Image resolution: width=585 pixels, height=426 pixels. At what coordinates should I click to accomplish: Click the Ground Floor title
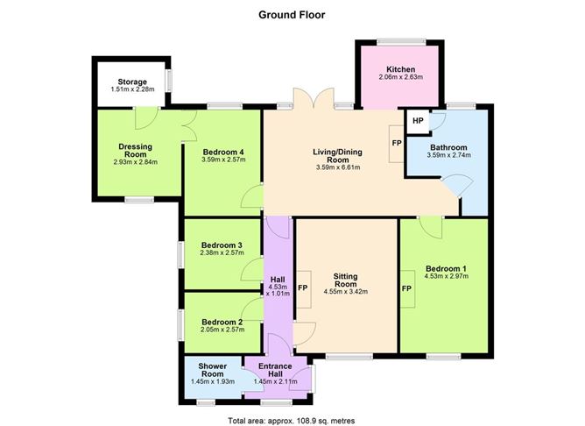pyautogui.click(x=292, y=15)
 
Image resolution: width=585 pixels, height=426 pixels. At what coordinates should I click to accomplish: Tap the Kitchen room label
pyautogui.click(x=401, y=69)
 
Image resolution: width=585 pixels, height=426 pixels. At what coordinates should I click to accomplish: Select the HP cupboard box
pyautogui.click(x=418, y=121)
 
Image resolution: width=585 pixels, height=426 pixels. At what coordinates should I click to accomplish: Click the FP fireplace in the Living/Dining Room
pyautogui.click(x=397, y=144)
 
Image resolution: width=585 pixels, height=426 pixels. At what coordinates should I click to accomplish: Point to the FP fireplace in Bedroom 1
pyautogui.click(x=407, y=288)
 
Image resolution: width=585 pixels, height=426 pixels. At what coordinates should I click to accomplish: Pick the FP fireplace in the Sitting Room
pyautogui.click(x=303, y=288)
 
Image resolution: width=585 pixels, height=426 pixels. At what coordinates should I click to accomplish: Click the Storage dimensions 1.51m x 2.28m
pyautogui.click(x=132, y=89)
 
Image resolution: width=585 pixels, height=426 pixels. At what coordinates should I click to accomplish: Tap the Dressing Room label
pyautogui.click(x=135, y=151)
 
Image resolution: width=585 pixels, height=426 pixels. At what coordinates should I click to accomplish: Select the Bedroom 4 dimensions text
pyautogui.click(x=223, y=160)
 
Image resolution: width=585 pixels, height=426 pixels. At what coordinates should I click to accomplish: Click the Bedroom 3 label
pyautogui.click(x=222, y=245)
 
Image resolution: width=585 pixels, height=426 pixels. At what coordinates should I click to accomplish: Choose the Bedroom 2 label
pyautogui.click(x=222, y=322)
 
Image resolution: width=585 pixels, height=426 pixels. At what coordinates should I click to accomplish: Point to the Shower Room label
pyautogui.click(x=212, y=370)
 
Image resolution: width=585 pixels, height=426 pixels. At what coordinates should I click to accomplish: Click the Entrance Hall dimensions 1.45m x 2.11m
pyautogui.click(x=275, y=381)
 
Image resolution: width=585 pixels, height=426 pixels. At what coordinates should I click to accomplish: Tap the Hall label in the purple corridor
pyautogui.click(x=278, y=280)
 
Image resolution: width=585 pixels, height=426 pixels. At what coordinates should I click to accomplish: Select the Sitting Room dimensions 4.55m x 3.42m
pyautogui.click(x=346, y=292)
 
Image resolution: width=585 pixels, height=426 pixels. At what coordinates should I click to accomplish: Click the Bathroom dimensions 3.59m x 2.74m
pyautogui.click(x=449, y=155)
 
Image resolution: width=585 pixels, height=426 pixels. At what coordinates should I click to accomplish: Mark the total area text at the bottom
pyautogui.click(x=292, y=421)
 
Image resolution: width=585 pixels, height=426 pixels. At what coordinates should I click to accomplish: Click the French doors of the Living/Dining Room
pyautogui.click(x=314, y=99)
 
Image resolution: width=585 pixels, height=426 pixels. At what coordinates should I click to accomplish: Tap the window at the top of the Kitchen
pyautogui.click(x=401, y=41)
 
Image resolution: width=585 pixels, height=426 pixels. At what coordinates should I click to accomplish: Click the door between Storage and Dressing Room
pyautogui.click(x=146, y=118)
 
